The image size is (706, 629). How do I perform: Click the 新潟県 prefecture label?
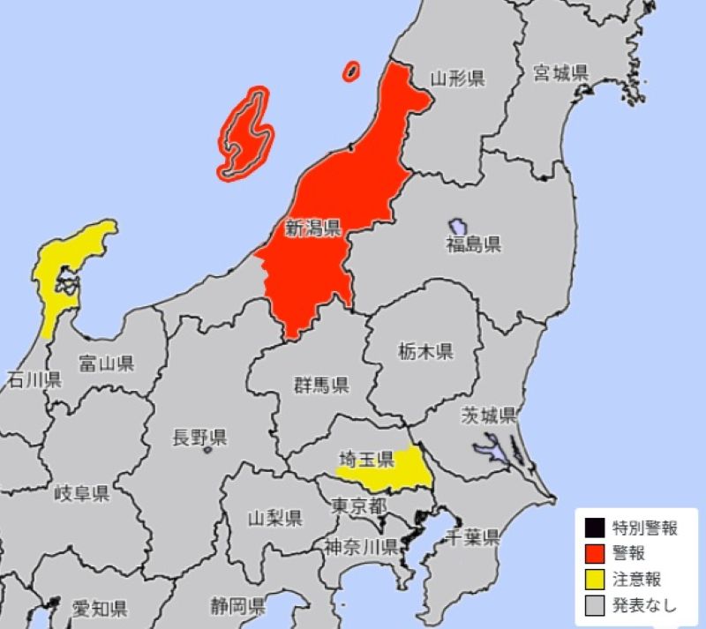coord(312,229)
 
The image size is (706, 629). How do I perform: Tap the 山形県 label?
coord(457,79)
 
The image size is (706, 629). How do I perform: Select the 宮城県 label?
coord(560,72)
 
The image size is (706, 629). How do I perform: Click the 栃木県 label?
coord(424,352)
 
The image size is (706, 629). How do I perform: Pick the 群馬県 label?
coord(321,385)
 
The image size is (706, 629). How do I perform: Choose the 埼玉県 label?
coord(366,460)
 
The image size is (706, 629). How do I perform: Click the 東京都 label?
coord(359,506)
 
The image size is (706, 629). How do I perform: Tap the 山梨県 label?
coord(275,517)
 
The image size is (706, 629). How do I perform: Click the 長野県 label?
coord(199,437)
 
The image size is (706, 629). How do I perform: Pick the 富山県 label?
coord(106,363)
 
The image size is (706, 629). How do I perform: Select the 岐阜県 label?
coord(81,493)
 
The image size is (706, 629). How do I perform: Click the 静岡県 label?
coord(238,606)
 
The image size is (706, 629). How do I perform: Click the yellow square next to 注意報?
coord(593,580)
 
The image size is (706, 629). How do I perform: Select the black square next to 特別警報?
coord(593,528)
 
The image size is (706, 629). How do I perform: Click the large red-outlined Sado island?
coord(245,134)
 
